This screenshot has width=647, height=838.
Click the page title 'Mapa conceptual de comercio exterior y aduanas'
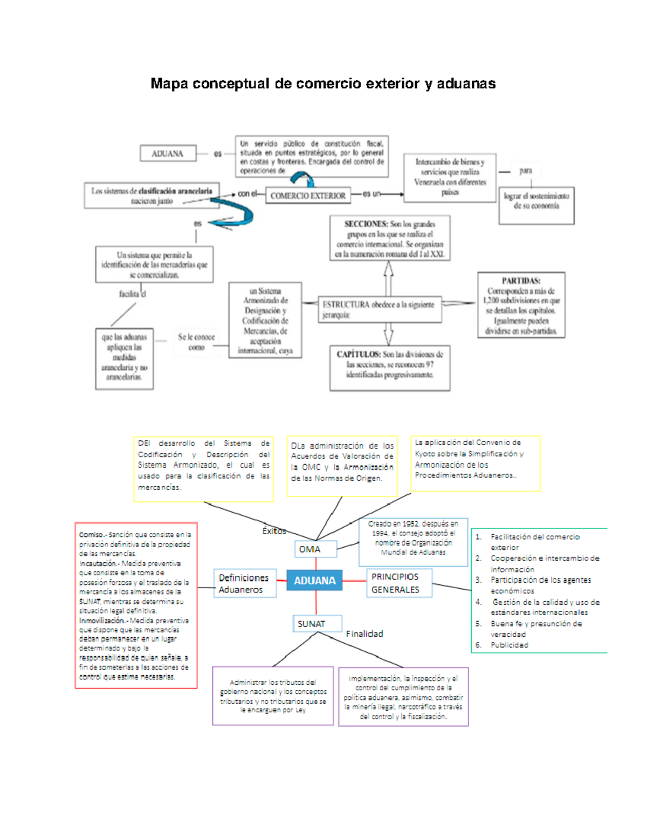[x=323, y=84]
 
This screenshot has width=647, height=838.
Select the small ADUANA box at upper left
[x=168, y=154]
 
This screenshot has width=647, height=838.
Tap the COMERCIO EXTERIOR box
[x=308, y=196]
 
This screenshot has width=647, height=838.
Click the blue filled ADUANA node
[x=314, y=581]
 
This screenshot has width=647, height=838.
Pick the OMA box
[x=315, y=549]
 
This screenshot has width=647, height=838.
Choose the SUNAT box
[x=317, y=624]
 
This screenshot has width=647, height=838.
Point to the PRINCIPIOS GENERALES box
[x=399, y=583]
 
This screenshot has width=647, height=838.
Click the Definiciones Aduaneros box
[x=245, y=583]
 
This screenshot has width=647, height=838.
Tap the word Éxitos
[x=274, y=531]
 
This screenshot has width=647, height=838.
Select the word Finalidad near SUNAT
[x=364, y=633]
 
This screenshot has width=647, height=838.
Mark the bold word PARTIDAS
[x=521, y=281]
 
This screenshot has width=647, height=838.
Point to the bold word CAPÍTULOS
[x=359, y=355]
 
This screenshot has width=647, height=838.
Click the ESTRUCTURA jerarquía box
[x=380, y=310]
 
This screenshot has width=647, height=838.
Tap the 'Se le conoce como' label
[x=196, y=342]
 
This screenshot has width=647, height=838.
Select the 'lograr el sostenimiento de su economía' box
[x=536, y=206]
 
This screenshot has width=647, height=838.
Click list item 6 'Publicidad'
[x=509, y=645]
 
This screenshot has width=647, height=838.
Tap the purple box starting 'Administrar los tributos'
[x=273, y=696]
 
